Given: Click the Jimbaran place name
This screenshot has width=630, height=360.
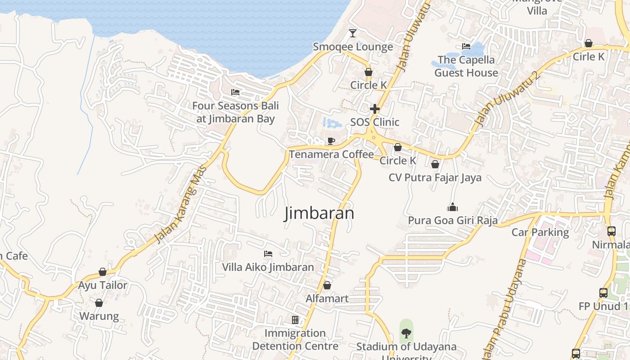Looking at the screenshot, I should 319,213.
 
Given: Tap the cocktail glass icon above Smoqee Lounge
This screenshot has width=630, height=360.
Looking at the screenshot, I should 353,33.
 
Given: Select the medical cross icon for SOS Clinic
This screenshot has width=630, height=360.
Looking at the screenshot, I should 374,109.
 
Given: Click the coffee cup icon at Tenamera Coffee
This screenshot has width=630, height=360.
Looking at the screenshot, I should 331,141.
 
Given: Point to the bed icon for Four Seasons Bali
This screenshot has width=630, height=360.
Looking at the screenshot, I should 235,92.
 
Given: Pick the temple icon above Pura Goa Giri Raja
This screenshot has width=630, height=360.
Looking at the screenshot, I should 452,207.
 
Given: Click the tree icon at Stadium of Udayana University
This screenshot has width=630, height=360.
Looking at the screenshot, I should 406,333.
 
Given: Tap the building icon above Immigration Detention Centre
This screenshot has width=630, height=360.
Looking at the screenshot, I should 295,320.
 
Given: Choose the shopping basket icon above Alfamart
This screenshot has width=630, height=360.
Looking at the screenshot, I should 327,285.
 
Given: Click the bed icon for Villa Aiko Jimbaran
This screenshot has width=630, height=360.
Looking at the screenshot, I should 268,254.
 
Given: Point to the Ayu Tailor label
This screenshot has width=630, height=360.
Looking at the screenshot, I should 103,285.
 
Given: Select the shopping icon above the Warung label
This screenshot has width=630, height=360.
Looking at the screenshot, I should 99,303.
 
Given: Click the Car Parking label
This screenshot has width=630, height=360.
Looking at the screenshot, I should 540,232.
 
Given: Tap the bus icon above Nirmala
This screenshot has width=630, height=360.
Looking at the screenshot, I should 611,231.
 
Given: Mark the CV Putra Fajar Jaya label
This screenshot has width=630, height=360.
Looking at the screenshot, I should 435,177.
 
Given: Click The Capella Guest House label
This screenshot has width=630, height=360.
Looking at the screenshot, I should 466,66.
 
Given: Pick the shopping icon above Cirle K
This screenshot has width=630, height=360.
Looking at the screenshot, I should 588,43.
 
